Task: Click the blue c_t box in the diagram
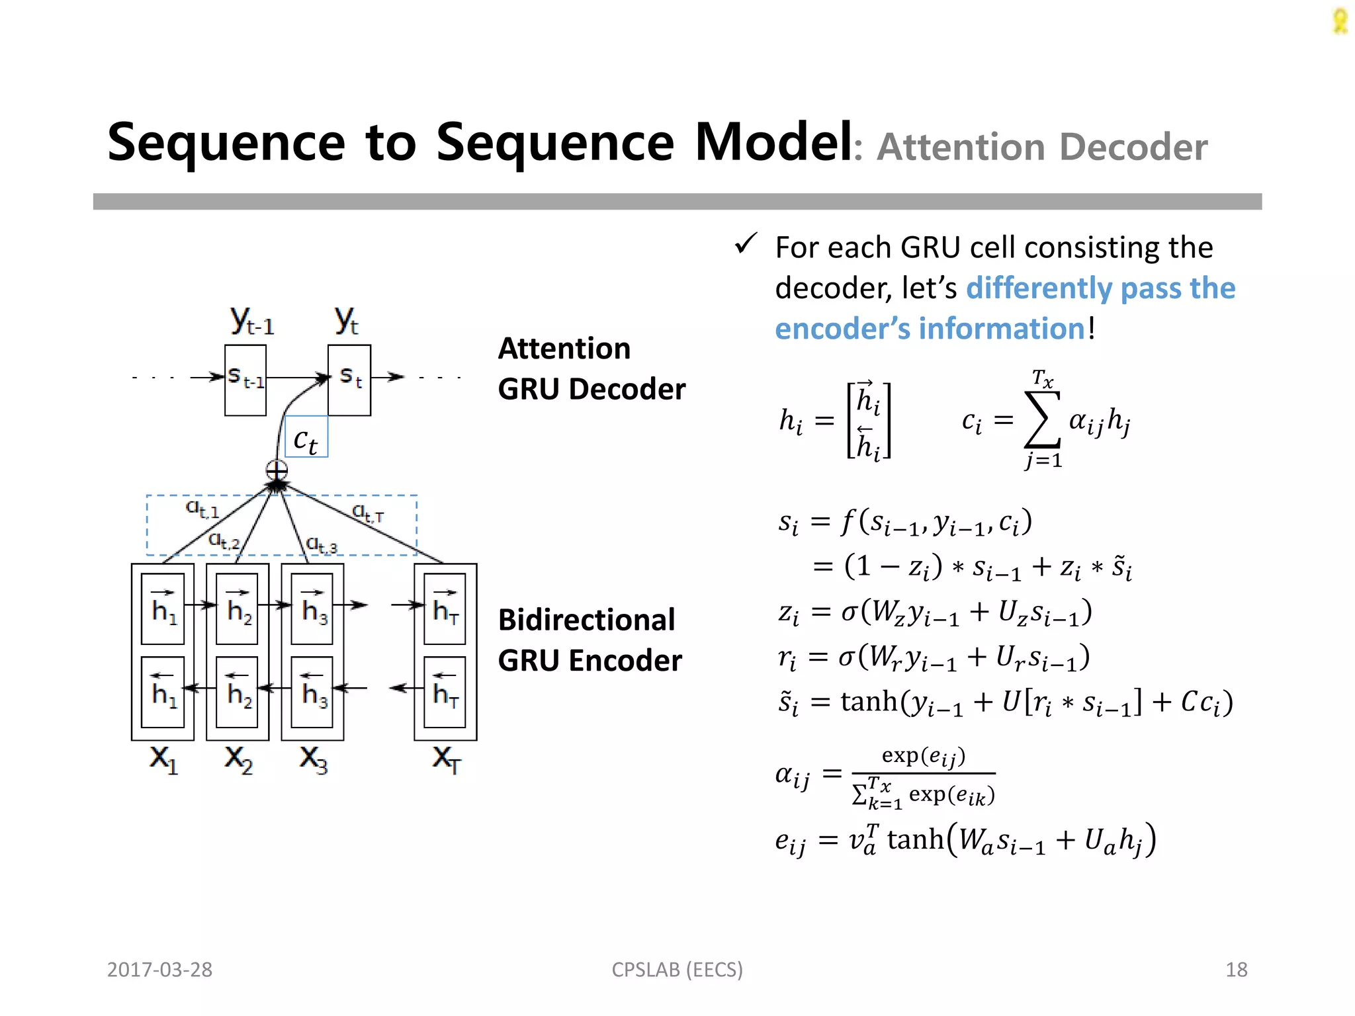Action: coord(306,437)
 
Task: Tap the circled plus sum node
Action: coord(277,471)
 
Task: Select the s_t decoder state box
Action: coord(349,380)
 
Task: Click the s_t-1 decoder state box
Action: coord(245,380)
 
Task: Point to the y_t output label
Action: coord(346,321)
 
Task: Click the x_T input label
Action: coord(446,759)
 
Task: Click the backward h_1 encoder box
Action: coord(163,692)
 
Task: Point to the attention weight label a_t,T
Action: coord(367,513)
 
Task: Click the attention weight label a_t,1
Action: coord(202,509)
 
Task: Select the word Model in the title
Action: coord(773,142)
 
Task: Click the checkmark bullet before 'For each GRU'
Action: coord(746,244)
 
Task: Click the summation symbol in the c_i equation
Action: coord(1041,419)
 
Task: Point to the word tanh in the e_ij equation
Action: coord(915,840)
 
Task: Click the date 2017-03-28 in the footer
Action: coord(159,970)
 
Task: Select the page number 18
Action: coord(1236,970)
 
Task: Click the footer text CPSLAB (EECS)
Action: coord(677,970)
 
